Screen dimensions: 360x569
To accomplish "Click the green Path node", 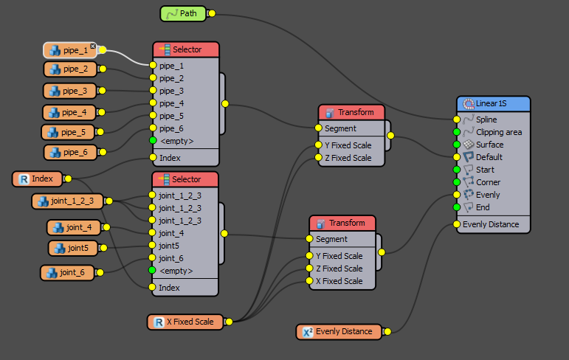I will coord(184,13).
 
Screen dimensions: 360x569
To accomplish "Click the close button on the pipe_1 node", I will coord(93,46).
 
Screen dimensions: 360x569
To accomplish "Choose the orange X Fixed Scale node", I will coord(185,322).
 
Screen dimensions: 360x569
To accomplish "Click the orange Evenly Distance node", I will coord(340,332).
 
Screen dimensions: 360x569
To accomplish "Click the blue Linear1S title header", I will coord(493,104).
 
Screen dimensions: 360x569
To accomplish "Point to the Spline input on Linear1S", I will coord(486,120).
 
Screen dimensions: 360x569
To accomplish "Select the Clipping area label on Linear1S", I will coord(498,132).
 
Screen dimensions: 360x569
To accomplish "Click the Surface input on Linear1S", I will coord(489,145).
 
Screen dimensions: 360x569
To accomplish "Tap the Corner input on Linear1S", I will coord(488,182).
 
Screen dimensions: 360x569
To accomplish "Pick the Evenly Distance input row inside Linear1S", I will coord(490,224).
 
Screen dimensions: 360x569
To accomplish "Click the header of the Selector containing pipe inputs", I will coord(186,49).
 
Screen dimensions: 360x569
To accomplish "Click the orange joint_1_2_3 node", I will coord(67,201).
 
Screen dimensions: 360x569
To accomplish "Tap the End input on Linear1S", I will coord(483,207).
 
